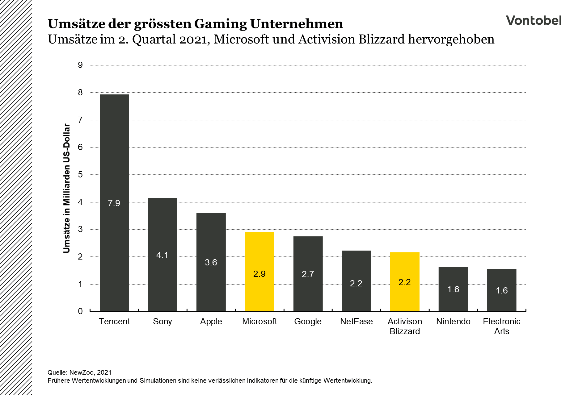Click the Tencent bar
[x=114, y=154]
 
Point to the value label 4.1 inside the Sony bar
[x=162, y=255]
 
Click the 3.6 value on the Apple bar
[x=211, y=263]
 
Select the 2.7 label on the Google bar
[x=308, y=274]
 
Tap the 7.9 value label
[x=114, y=203]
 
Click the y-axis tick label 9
[x=80, y=65]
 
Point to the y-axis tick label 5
[x=80, y=175]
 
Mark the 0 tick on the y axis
[x=80, y=311]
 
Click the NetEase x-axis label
[x=356, y=322]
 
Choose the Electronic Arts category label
[x=501, y=326]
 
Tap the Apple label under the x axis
[x=211, y=322]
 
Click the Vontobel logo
[x=534, y=20]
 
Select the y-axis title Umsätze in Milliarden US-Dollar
[x=67, y=188]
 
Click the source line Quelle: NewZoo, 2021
[x=79, y=372]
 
